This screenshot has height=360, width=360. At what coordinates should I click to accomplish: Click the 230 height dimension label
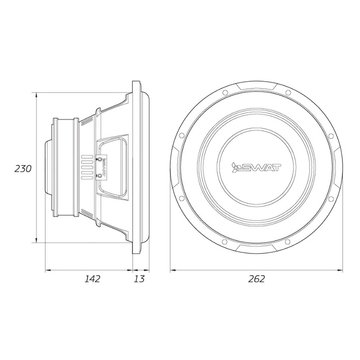[x=23, y=169]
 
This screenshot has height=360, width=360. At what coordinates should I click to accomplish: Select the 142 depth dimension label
[x=92, y=279]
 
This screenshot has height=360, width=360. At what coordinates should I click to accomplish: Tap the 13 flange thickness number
[x=140, y=279]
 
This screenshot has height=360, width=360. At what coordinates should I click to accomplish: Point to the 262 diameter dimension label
[x=256, y=279]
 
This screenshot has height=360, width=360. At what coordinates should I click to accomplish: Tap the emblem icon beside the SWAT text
[x=235, y=168]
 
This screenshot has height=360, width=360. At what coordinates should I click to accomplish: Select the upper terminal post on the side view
[x=100, y=159]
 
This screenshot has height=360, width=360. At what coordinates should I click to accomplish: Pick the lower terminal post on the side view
[x=100, y=176]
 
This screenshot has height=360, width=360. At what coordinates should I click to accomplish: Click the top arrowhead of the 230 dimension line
[x=36, y=95]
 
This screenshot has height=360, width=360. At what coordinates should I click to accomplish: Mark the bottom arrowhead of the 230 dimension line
[x=36, y=239]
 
